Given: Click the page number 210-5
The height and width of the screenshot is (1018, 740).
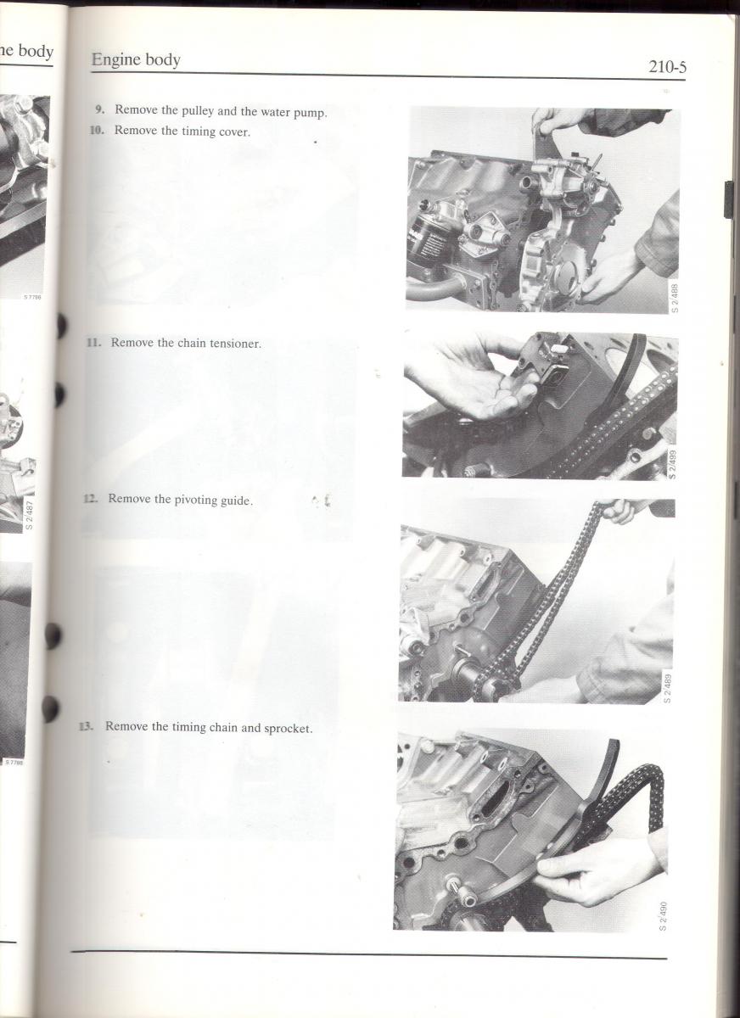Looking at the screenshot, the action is (667, 67).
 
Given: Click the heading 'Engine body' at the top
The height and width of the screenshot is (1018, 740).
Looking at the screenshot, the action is (136, 59).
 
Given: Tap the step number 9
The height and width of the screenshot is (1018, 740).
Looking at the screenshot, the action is (100, 109).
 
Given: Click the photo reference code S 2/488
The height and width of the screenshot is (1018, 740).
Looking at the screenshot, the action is (675, 298).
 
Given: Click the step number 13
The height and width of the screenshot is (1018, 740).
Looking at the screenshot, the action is (86, 726).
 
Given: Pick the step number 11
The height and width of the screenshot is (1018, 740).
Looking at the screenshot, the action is (93, 342).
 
